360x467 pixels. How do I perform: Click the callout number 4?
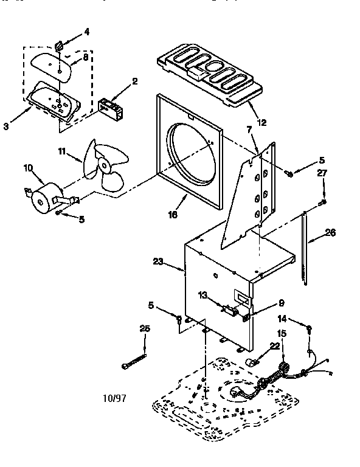coord(86,32)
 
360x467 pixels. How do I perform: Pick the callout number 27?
coord(323,173)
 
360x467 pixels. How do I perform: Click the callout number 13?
coord(202,295)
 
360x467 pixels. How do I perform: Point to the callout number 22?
coord(258,345)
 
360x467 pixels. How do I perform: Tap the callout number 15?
coord(281,333)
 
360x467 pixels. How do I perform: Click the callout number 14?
coord(282,318)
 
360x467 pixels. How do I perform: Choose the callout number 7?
coord(249,130)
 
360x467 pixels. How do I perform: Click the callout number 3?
coord(7,126)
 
